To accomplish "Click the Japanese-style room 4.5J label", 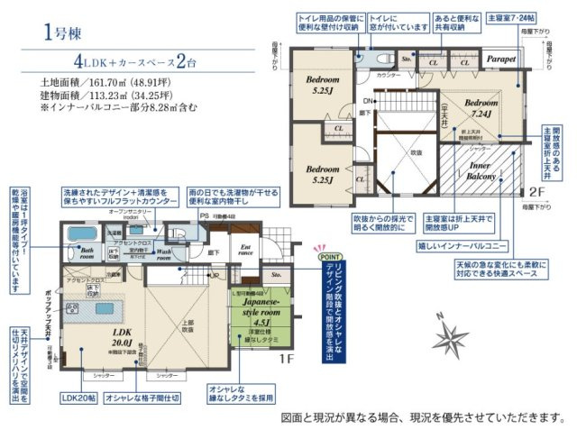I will (x=254, y=316).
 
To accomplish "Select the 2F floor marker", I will (x=535, y=191).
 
